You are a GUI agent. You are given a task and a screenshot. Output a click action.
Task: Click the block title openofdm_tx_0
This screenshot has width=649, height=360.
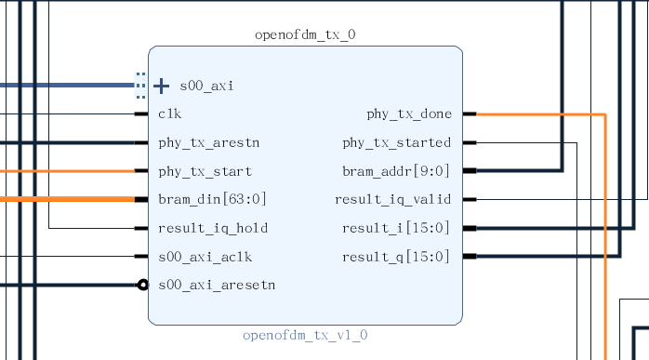(x=304, y=35)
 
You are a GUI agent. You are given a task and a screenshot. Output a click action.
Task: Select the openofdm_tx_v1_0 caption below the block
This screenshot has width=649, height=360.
(x=305, y=335)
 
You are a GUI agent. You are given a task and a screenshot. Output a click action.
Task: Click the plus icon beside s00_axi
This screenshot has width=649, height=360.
(x=161, y=86)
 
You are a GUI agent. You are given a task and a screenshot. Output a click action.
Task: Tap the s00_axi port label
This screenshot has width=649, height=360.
(x=206, y=86)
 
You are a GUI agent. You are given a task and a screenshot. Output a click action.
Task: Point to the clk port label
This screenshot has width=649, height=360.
(x=169, y=114)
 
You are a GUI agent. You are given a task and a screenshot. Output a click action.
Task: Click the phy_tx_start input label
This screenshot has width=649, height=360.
(x=205, y=172)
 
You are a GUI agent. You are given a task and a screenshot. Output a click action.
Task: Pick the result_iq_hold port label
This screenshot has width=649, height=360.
(x=214, y=229)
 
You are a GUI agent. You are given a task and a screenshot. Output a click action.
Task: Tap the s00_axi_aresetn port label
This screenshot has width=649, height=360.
(x=216, y=285)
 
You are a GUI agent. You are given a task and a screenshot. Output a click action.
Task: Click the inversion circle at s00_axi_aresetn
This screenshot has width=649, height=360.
(x=142, y=285)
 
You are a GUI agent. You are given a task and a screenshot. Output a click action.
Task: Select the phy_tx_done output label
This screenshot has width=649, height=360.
(x=409, y=114)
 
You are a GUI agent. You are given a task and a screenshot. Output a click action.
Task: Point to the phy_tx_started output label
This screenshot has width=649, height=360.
(x=397, y=143)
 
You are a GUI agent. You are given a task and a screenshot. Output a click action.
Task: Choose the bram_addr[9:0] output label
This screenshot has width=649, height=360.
(x=397, y=172)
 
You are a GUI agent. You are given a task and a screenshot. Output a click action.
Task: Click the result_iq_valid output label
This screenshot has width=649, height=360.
(x=392, y=200)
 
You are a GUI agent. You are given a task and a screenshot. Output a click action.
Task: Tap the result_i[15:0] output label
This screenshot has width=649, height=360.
(x=397, y=229)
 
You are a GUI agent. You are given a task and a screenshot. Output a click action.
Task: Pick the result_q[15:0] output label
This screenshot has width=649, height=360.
(x=397, y=257)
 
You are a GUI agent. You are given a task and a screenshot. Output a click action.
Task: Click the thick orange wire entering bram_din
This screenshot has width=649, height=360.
(x=65, y=200)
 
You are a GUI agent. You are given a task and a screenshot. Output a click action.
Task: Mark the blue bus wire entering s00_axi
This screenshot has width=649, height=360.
(x=65, y=86)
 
